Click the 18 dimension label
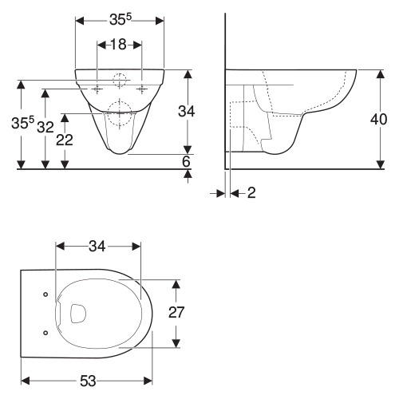point(118,45)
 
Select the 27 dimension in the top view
point(176,312)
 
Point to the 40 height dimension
point(379,119)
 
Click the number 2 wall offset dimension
point(251,192)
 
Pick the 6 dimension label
point(186,161)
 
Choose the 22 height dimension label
point(65,140)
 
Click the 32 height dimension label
point(45,127)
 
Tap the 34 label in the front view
point(186,111)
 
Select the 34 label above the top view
point(97,247)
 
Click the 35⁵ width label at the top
point(120,19)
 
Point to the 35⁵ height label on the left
point(23,123)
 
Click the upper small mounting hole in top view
point(45,294)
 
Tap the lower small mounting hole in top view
point(45,333)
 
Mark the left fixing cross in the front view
point(97,89)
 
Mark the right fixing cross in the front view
point(142,89)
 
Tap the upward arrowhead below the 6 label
point(188,174)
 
